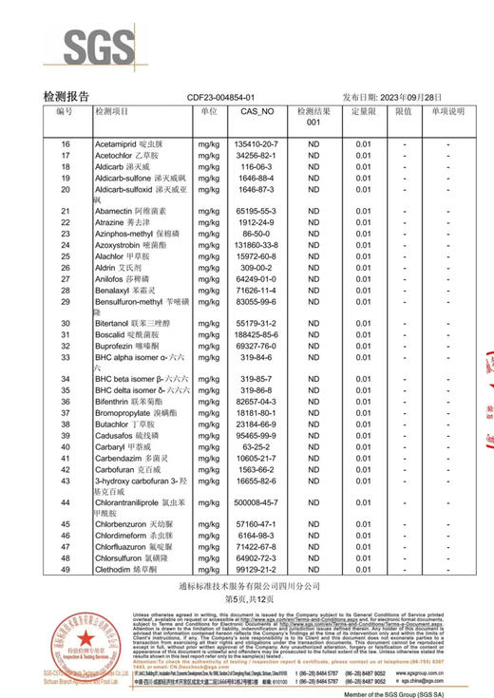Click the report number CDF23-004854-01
(x=221, y=98)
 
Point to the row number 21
(x=65, y=211)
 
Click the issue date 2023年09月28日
(x=406, y=98)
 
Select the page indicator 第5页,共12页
(x=247, y=602)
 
